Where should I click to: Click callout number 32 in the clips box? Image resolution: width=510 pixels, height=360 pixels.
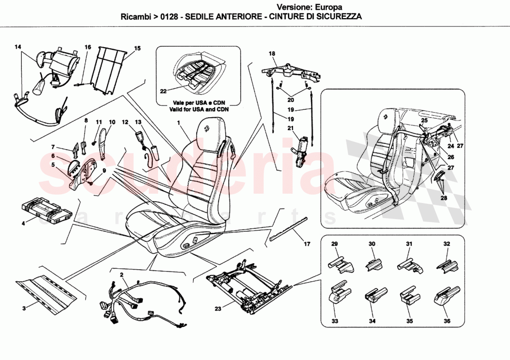(446, 244)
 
